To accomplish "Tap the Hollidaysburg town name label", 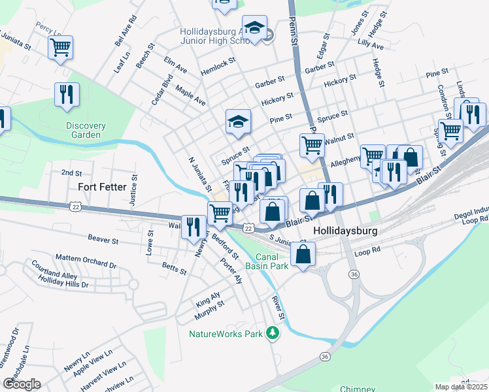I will tap(345, 231).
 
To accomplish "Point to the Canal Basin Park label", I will tap(267, 261).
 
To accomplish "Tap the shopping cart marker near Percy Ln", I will tap(60, 47).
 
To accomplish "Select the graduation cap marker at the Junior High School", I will tap(254, 27).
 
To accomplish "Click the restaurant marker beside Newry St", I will tap(192, 227).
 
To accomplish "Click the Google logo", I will tap(22, 384).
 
